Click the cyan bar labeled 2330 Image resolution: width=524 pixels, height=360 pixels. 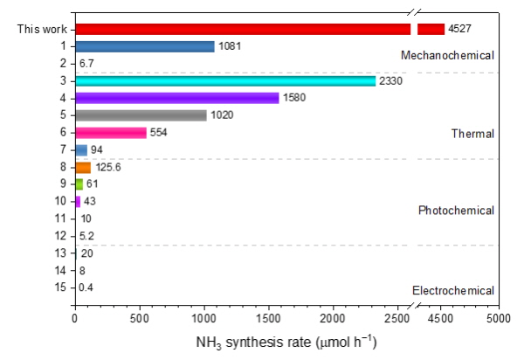coord(225,81)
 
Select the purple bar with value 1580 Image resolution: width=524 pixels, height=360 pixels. coord(177,98)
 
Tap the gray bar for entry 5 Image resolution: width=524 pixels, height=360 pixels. coord(141,115)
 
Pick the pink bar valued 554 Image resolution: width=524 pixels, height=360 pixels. coord(111,133)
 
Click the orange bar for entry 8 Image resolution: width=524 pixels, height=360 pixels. coord(83,168)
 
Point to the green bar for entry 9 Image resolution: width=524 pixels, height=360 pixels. coord(79,184)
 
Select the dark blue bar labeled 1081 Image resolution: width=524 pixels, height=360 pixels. coord(145,46)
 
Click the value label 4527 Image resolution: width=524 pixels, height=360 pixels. coord(459,29)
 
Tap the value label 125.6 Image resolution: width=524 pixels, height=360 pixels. coord(108,167)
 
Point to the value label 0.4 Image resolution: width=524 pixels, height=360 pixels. coord(86,287)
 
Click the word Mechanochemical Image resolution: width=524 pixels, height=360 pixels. coord(447,56)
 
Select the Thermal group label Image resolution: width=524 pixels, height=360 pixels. coord(472,134)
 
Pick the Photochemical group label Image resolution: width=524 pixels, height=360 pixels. coord(456,211)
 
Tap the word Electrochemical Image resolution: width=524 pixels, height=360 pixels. coord(452,290)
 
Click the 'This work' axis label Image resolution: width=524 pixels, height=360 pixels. coord(42,29)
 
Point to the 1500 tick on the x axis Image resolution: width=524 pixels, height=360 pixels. coord(268,319)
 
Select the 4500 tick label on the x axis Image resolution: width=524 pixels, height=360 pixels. coord(440,319)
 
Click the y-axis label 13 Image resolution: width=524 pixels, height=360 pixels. coord(60,253)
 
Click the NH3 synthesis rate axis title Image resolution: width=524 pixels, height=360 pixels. coord(286,343)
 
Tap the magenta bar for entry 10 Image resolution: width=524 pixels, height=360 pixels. coord(78,202)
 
